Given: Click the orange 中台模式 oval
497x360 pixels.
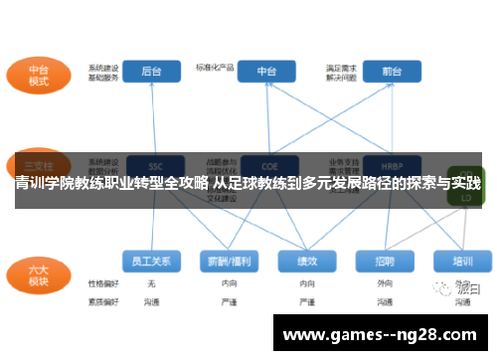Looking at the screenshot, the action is click(38, 76).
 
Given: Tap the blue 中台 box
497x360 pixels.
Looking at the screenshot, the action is click(266, 72).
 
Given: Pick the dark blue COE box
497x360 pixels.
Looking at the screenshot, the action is click(266, 165).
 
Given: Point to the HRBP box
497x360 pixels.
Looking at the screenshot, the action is click(390, 165).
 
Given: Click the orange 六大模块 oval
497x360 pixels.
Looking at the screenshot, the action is click(38, 273).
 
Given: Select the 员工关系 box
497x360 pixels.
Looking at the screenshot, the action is click(151, 261).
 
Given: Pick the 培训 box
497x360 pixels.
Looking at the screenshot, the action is click(462, 261).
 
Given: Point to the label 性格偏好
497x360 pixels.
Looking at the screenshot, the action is click(102, 283).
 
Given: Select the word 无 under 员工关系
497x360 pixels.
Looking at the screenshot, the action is click(151, 283).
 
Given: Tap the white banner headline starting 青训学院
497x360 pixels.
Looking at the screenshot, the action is click(248, 184).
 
